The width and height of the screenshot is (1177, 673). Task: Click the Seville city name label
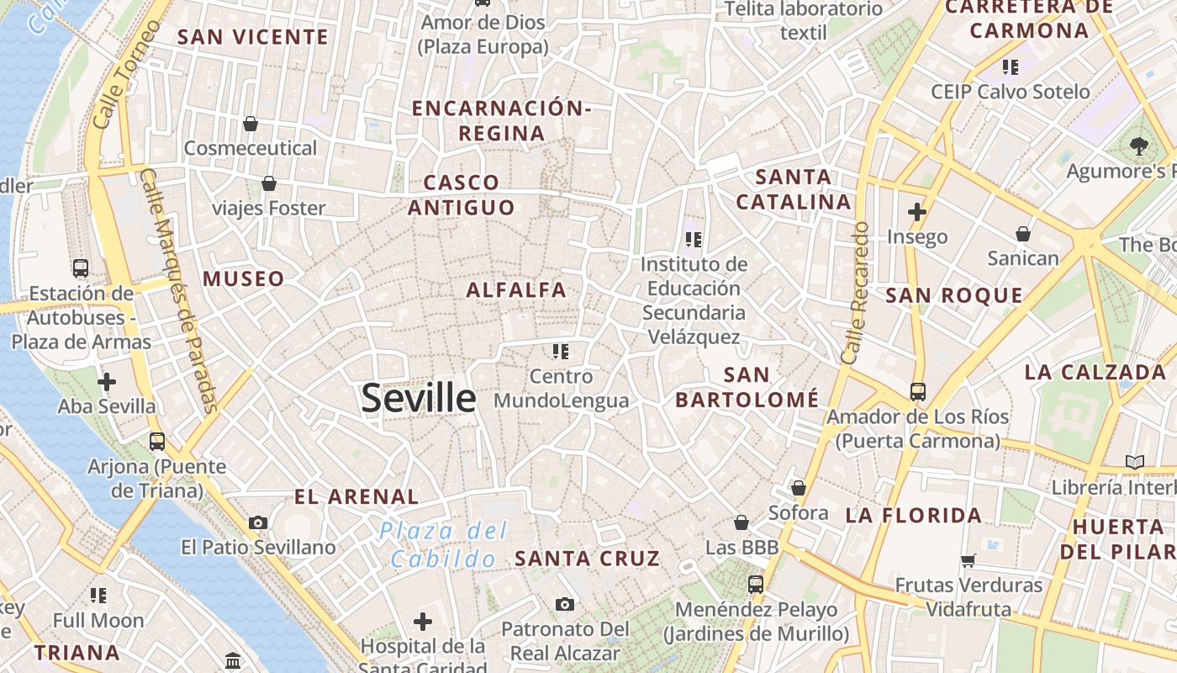[x=418, y=398]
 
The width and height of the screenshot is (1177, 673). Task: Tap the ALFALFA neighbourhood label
[x=516, y=290]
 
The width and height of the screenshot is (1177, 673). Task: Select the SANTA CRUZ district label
[x=587, y=559]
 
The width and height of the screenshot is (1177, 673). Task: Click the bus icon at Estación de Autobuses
[x=81, y=268]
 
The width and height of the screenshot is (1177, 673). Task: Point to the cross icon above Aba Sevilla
[x=107, y=382]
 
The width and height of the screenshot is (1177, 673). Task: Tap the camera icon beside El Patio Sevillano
[x=258, y=522]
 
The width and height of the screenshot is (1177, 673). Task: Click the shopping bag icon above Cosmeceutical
[x=250, y=125]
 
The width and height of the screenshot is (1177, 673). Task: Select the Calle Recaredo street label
[x=855, y=293]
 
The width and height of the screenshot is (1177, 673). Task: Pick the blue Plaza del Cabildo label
[x=443, y=544]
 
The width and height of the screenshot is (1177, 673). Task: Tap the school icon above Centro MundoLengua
[x=561, y=351]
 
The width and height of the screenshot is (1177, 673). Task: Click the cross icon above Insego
[x=916, y=212]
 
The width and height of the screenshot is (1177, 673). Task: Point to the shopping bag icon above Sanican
[x=1023, y=234]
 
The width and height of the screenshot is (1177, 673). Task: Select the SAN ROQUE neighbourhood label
[x=954, y=295]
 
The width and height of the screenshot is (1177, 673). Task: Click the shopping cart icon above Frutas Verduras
[x=968, y=560]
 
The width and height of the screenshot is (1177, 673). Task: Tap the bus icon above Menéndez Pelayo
[x=756, y=584]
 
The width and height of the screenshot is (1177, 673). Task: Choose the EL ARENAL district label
[x=356, y=497]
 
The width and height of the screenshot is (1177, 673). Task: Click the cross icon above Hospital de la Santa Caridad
[x=423, y=622]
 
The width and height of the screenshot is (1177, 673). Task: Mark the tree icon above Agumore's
[x=1138, y=146]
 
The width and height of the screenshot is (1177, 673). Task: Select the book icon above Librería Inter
[x=1135, y=462]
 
